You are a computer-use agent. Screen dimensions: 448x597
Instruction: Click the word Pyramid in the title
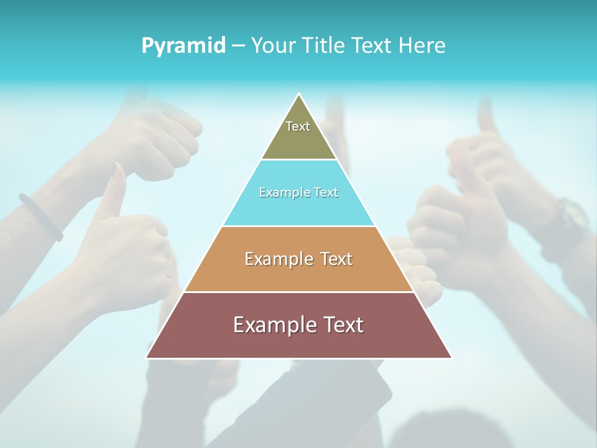pyautogui.click(x=183, y=46)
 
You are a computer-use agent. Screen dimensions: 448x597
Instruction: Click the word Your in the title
pyautogui.click(x=272, y=45)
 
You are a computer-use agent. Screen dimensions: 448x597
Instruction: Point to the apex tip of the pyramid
pyautogui.click(x=299, y=95)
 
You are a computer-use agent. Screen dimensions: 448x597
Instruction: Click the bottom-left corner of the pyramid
pyautogui.click(x=147, y=357)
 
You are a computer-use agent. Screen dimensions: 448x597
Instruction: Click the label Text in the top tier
pyautogui.click(x=298, y=126)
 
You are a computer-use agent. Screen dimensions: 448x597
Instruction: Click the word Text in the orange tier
pyautogui.click(x=335, y=259)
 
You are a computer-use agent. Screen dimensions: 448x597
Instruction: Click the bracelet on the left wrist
pyautogui.click(x=41, y=217)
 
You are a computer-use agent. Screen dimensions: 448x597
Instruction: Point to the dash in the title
pyautogui.click(x=238, y=46)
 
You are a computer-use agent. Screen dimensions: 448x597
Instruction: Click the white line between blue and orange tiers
pyautogui.click(x=298, y=226)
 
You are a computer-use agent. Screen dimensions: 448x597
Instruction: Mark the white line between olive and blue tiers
pyautogui.click(x=298, y=159)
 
